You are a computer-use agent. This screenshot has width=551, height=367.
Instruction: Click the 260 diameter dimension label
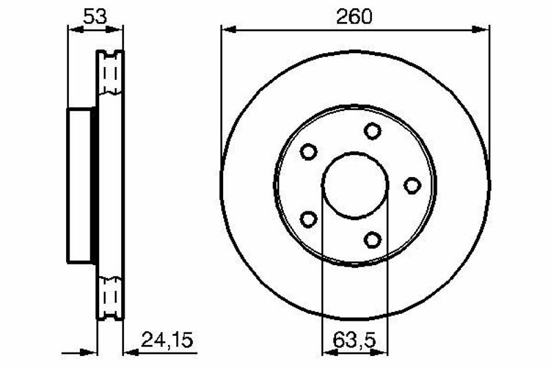tap(353, 17)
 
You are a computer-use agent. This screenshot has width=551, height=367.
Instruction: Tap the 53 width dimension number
tap(95, 17)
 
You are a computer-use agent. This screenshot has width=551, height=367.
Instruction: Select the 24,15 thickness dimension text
tap(167, 340)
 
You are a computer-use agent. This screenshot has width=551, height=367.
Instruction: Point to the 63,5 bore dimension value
tap(354, 340)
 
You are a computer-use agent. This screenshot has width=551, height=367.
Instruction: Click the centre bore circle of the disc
tap(355, 153)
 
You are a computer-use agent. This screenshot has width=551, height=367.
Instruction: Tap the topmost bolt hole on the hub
tap(373, 131)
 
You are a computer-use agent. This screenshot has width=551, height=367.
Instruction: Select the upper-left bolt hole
tap(309, 151)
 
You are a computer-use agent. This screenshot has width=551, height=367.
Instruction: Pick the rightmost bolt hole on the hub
tap(412, 185)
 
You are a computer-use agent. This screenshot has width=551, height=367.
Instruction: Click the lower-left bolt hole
tap(309, 219)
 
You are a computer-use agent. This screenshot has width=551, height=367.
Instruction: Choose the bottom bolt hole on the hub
tap(373, 240)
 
